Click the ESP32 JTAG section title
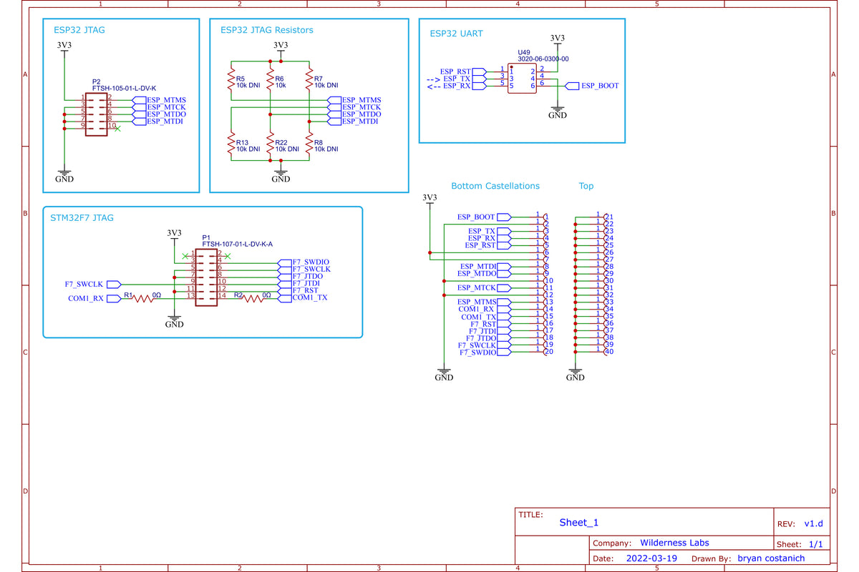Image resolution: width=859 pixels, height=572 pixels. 79,31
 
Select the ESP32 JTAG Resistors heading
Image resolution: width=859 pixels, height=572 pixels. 266,30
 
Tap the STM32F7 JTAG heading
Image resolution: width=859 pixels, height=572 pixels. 82,217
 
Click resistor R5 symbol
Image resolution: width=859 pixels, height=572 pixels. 231,79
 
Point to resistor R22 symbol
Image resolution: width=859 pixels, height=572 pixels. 270,145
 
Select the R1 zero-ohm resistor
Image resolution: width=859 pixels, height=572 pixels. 141,298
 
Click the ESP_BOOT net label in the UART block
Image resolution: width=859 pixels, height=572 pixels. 599,86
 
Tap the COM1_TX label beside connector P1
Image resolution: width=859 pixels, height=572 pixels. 309,297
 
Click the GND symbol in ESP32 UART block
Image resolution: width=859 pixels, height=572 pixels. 557,114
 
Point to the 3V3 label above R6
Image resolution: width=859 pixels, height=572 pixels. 281,45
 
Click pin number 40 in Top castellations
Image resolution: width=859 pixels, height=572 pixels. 609,351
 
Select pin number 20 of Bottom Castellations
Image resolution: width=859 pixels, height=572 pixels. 548,351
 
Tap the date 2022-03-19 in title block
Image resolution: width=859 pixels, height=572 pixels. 651,558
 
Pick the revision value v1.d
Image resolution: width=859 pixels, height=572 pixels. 814,524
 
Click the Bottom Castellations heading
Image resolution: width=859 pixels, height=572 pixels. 495,186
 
